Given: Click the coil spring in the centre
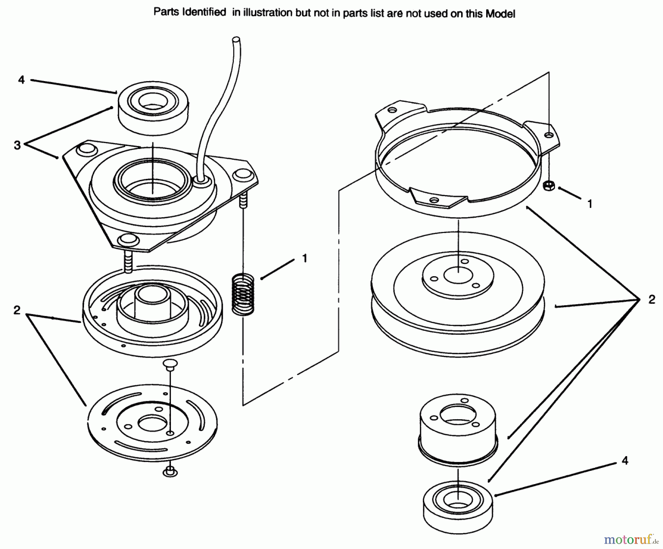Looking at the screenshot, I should (243, 293).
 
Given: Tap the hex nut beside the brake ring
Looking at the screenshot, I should (548, 185).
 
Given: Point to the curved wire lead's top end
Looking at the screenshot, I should (236, 39).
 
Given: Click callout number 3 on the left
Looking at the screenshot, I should (17, 145).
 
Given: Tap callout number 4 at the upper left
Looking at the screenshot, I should (21, 80).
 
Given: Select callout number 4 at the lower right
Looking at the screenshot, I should (625, 461).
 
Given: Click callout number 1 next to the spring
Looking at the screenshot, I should (304, 258).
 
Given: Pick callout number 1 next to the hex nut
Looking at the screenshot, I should (590, 204).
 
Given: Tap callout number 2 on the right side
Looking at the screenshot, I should (652, 299).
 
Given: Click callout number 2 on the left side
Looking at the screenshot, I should (17, 310).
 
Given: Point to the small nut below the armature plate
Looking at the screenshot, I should (170, 471).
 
